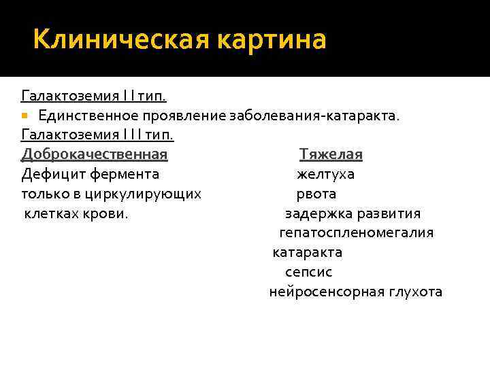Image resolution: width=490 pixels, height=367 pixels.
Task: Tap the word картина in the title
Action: tap(272, 39)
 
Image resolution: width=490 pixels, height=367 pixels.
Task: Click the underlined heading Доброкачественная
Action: tap(95, 154)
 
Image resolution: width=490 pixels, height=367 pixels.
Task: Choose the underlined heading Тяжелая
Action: tap(331, 154)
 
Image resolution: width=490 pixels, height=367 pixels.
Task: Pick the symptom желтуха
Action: tap(325, 174)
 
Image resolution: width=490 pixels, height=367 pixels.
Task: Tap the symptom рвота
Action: tap(316, 194)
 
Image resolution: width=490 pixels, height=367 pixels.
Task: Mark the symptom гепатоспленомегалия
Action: tap(356, 233)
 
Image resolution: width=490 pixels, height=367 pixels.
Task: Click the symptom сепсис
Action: tap(309, 272)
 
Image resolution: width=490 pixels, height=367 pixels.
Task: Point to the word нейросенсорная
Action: tap(317, 292)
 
